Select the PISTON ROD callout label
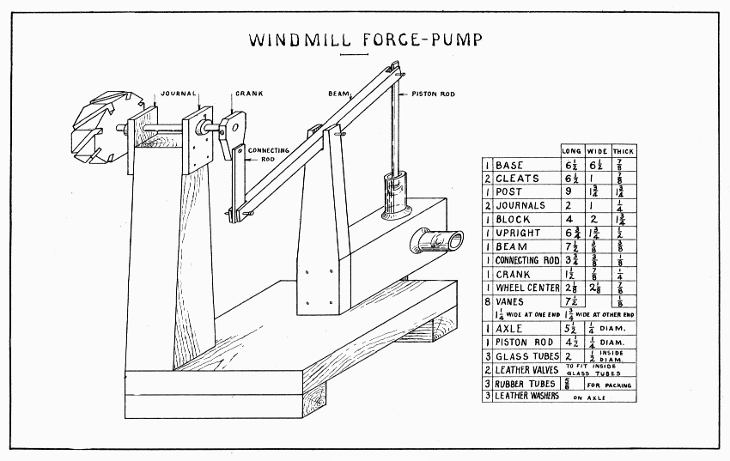click(x=434, y=94)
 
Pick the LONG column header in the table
click(x=571, y=150)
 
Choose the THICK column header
click(x=623, y=150)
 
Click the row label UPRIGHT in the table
click(x=520, y=234)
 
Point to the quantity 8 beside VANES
click(x=486, y=301)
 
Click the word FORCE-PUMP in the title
click(x=423, y=39)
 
